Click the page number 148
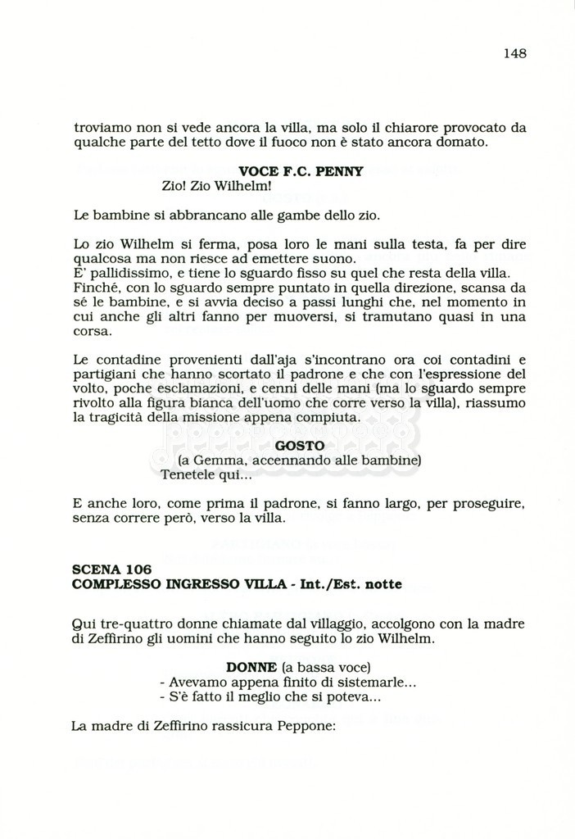(x=514, y=54)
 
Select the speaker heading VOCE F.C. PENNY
(x=300, y=172)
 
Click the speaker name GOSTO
(x=300, y=446)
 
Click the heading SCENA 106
(x=111, y=569)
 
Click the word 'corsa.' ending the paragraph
(x=93, y=333)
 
